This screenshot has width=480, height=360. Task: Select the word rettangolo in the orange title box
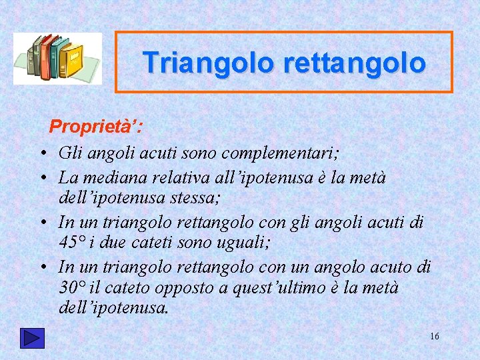point(354,63)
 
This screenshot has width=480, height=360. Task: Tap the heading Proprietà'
point(96,126)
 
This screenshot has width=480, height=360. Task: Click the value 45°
point(74,243)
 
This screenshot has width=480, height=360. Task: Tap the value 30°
point(74,287)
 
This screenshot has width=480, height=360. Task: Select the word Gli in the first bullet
point(69,153)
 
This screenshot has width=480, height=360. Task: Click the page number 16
point(434,337)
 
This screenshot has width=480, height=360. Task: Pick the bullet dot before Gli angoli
point(42,153)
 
